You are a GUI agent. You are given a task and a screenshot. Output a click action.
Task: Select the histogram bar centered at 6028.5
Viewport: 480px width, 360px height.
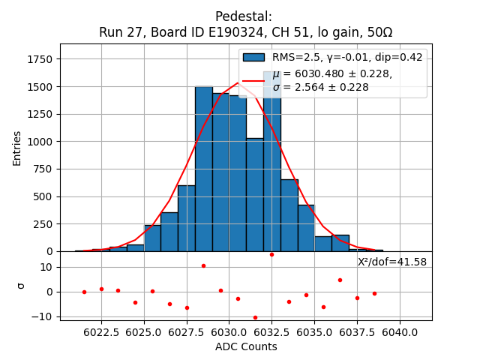tap(204, 169)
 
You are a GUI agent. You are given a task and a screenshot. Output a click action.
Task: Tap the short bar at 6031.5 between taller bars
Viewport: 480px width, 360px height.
tap(255, 195)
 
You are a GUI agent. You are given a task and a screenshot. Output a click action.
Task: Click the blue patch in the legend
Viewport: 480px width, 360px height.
tap(253, 57)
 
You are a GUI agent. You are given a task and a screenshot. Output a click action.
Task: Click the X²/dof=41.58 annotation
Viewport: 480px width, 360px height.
tap(392, 262)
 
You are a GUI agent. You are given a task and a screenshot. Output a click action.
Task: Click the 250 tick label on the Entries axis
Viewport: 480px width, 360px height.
tap(42, 223)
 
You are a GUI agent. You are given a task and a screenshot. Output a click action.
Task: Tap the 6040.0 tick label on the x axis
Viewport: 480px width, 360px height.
tap(398, 332)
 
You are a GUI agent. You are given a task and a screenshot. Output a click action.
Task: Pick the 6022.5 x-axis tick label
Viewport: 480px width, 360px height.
tap(101, 332)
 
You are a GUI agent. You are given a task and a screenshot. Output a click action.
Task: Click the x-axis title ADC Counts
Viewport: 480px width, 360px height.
tap(246, 346)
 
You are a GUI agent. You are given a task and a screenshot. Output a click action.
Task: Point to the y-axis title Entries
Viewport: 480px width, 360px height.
tap(16, 148)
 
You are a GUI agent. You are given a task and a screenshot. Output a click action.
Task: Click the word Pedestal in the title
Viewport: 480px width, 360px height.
tap(243, 16)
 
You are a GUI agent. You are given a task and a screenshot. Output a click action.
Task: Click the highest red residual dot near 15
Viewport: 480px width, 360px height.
tap(272, 254)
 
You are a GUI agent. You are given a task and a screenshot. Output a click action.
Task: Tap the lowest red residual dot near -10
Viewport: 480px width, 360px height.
tap(255, 317)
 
